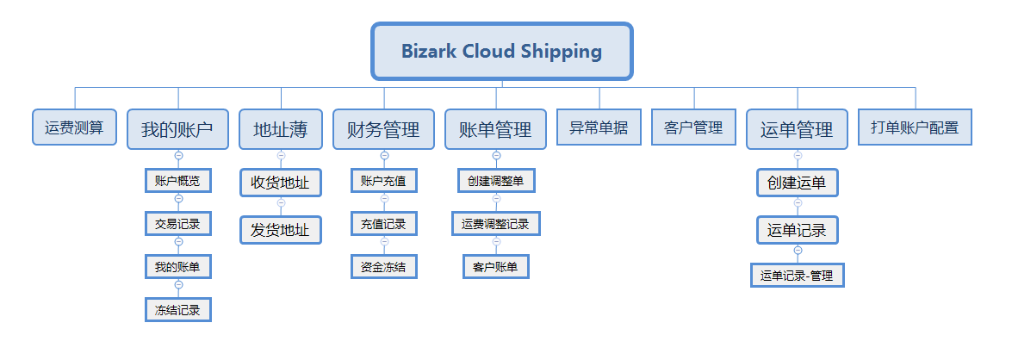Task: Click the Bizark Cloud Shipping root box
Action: tap(501, 51)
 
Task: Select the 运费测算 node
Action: tap(74, 127)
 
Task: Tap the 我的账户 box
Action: tap(177, 129)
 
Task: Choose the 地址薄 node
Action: tap(281, 129)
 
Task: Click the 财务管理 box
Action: tap(383, 129)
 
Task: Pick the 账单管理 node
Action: tap(496, 129)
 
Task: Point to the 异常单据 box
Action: tap(599, 127)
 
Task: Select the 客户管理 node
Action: tap(694, 127)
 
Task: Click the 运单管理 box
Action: tap(797, 129)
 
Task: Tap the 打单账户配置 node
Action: tap(916, 127)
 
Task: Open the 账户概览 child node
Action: tap(178, 181)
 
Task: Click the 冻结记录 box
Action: tap(178, 310)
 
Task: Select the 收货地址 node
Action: tap(281, 183)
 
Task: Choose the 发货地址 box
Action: tap(281, 230)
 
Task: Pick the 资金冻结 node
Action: tap(384, 266)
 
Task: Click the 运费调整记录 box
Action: tap(496, 224)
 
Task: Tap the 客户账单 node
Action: tap(496, 266)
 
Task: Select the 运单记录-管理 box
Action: tap(797, 276)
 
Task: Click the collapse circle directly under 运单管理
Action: tap(798, 156)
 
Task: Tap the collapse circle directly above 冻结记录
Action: tap(179, 284)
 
